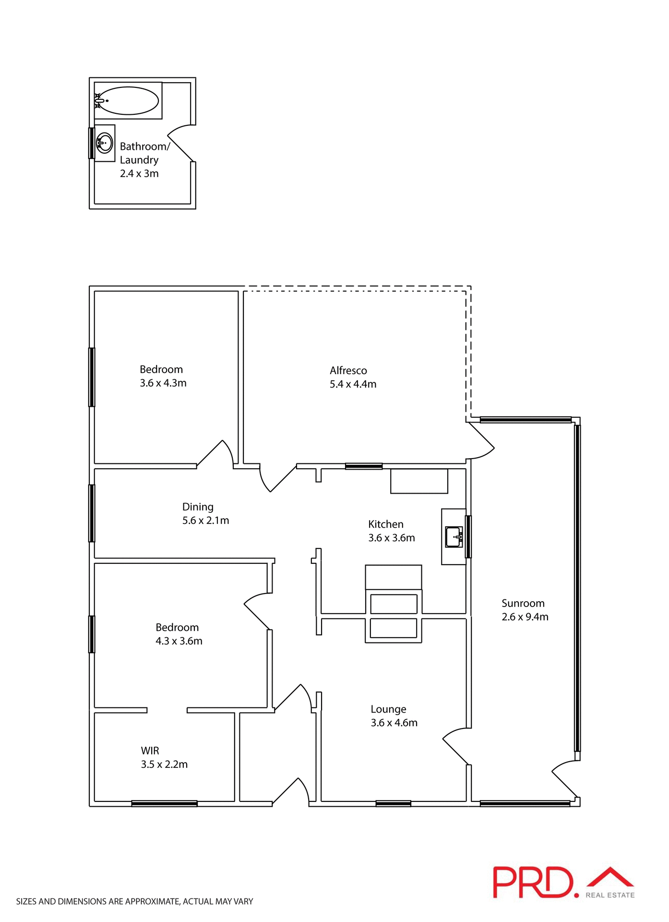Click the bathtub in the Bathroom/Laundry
coord(128,101)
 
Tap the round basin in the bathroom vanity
coord(104,143)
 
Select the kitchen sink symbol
coord(454,537)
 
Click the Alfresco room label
coord(348,370)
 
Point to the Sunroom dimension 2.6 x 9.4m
coord(525,617)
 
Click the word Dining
coord(198,507)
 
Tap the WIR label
coord(150,751)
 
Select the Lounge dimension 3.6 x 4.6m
coord(394,723)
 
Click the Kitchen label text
coord(385,524)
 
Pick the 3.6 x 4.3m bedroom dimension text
coord(163,383)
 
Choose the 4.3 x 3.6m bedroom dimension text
coord(179,641)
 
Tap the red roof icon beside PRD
coord(610,877)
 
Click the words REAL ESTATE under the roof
coord(610,895)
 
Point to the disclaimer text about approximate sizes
coord(134,901)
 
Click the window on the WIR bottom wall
coord(164,803)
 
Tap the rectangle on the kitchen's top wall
coord(419,481)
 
